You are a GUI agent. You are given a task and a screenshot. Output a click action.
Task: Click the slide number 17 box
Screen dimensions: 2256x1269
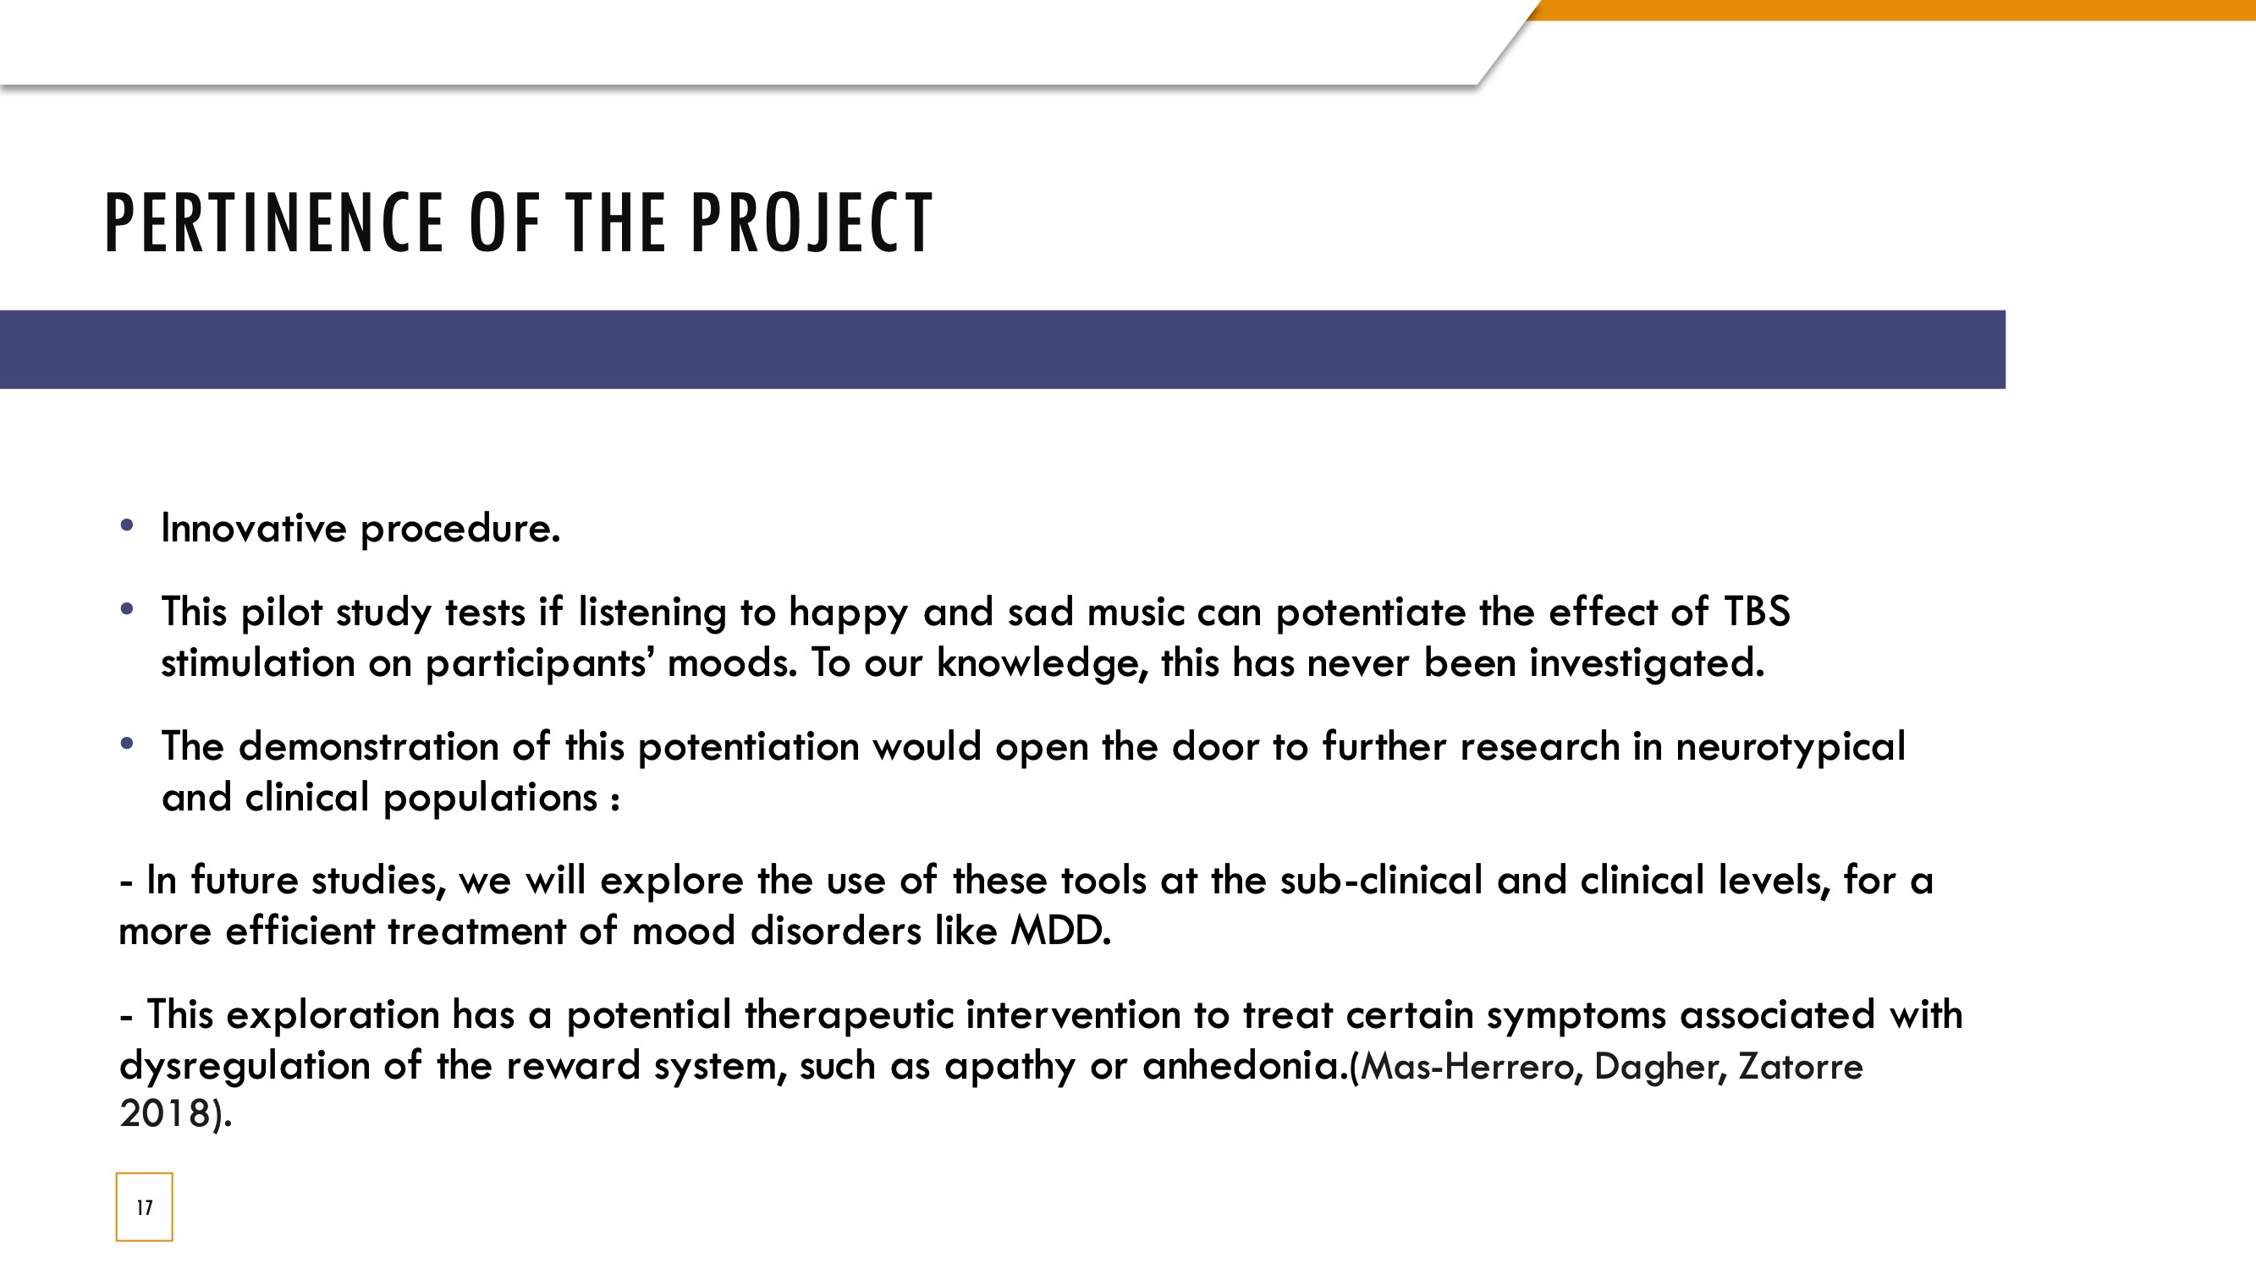click(x=145, y=1207)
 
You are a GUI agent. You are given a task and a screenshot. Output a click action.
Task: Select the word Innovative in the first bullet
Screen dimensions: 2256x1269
click(x=254, y=528)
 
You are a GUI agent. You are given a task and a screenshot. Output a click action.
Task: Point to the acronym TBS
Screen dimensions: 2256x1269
click(x=1757, y=612)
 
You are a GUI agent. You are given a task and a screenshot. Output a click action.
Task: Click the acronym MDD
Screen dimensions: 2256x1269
click(x=1060, y=930)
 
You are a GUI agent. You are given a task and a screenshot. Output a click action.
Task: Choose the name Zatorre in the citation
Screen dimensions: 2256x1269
click(x=1801, y=1067)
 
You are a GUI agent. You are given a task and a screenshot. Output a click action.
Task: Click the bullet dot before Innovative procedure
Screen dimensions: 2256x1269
click(x=127, y=525)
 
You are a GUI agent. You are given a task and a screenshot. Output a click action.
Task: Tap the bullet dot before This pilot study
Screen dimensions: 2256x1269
click(x=127, y=608)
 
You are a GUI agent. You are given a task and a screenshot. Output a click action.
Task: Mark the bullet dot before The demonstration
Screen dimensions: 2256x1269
click(x=127, y=744)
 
